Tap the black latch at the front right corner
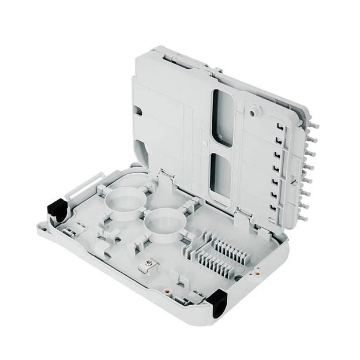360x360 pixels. pyautogui.click(x=219, y=302)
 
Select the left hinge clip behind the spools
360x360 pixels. pyautogui.click(x=164, y=177)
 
